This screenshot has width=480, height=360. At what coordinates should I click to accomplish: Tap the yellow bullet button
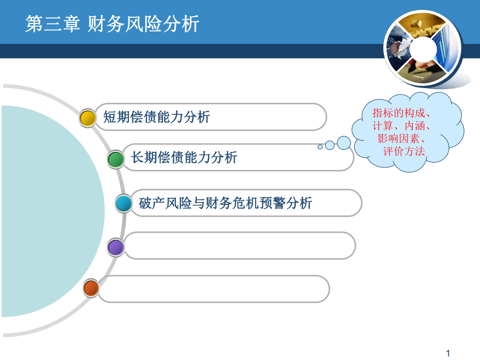point(88,117)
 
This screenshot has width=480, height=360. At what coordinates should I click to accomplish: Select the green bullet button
point(116,159)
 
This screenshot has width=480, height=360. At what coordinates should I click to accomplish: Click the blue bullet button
point(124,203)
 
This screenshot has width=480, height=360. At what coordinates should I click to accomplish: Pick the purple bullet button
point(116,246)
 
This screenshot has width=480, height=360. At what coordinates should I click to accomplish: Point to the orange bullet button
point(91,287)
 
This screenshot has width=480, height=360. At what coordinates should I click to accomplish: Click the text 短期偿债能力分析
point(157,117)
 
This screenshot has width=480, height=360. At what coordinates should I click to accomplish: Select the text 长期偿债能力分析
point(184,157)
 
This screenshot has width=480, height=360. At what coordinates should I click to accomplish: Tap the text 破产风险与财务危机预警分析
point(225,203)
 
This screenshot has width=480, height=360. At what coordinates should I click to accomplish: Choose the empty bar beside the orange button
point(214,289)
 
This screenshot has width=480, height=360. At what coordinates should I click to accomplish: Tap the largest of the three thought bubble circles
point(343,142)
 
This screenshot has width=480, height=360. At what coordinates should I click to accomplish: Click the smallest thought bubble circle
point(320,147)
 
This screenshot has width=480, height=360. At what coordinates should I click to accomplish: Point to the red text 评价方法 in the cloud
point(404,151)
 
